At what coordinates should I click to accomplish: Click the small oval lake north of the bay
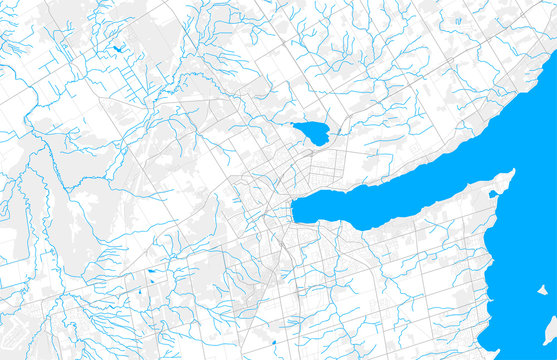[x=312, y=132]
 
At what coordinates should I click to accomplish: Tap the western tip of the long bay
[x=294, y=211]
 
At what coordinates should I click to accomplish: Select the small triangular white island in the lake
[x=542, y=290]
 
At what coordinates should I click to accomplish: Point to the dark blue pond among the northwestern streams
[x=119, y=49]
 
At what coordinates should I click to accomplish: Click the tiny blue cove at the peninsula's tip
[x=492, y=193]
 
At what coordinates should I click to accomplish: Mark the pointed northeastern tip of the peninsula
[x=511, y=173]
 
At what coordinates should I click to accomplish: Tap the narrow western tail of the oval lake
[x=296, y=125]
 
